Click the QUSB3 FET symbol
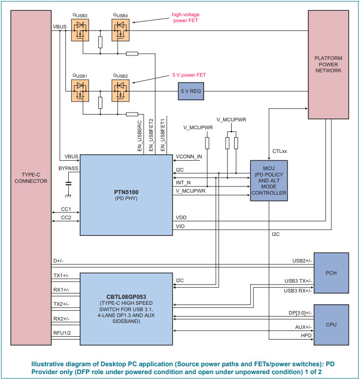pyautogui.click(x=80, y=31)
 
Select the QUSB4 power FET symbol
pyautogui.click(x=120, y=31)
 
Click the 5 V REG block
pyautogui.click(x=190, y=91)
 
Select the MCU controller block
pyautogui.click(x=269, y=181)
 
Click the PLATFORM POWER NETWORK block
pyautogui.click(x=328, y=64)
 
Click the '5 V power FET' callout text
pyautogui.click(x=189, y=75)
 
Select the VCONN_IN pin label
pyautogui.click(x=189, y=157)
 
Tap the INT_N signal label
pyautogui.click(x=183, y=182)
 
